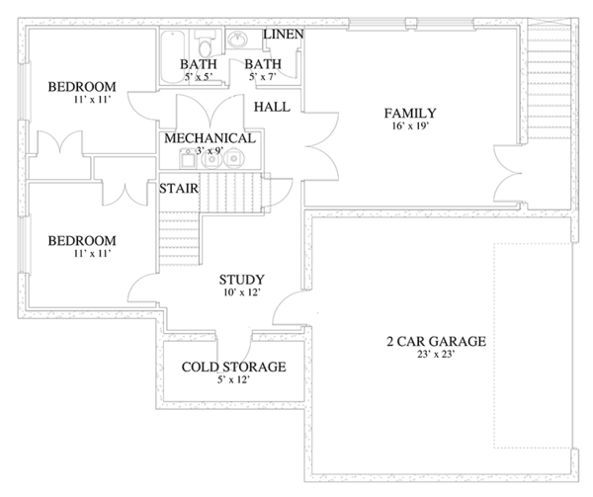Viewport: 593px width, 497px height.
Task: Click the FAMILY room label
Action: pyautogui.click(x=410, y=113)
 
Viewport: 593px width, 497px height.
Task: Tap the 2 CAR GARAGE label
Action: pyautogui.click(x=436, y=341)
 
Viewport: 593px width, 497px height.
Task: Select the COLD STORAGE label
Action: pyautogui.click(x=233, y=367)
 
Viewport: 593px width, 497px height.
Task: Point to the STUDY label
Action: pyautogui.click(x=242, y=280)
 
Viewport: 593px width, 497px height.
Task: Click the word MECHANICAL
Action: pyautogui.click(x=210, y=138)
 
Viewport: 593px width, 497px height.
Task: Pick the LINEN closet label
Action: pyautogui.click(x=284, y=35)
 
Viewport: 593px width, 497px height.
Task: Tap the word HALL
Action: pyautogui.click(x=272, y=107)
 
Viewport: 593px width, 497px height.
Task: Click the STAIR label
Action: pyautogui.click(x=179, y=188)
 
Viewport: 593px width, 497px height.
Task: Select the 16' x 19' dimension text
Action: pyautogui.click(x=410, y=125)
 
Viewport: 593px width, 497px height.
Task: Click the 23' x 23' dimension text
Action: pyautogui.click(x=436, y=354)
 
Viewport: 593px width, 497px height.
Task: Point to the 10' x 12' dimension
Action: pyautogui.click(x=242, y=292)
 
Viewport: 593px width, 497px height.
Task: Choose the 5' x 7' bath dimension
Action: pyautogui.click(x=263, y=77)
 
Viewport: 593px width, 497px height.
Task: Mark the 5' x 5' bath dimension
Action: pyautogui.click(x=199, y=77)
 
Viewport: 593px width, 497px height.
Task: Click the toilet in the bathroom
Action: pyautogui.click(x=206, y=43)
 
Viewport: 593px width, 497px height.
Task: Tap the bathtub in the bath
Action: pyautogui.click(x=172, y=57)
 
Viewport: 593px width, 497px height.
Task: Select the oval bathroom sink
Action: pyautogui.click(x=238, y=40)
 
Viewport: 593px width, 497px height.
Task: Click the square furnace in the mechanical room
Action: pyautogui.click(x=187, y=160)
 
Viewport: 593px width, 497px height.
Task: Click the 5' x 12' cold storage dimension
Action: pyautogui.click(x=233, y=379)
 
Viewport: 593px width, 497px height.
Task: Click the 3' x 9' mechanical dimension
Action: pyautogui.click(x=210, y=151)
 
